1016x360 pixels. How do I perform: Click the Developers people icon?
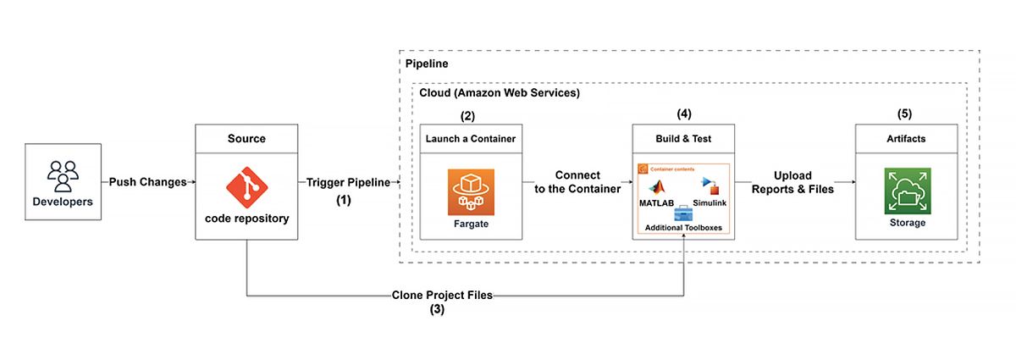63,174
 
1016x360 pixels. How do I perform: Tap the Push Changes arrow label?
148,182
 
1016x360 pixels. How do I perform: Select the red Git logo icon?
246,185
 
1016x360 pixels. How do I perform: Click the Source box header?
246,138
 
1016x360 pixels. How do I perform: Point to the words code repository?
246,218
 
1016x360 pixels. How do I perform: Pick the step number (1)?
343,201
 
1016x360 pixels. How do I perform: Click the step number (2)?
470,114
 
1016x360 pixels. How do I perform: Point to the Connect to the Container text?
577,182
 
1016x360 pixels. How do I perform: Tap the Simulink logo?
710,188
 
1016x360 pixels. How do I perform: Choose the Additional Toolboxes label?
683,228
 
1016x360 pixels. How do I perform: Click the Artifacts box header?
906,138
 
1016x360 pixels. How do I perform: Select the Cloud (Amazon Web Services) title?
500,92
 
